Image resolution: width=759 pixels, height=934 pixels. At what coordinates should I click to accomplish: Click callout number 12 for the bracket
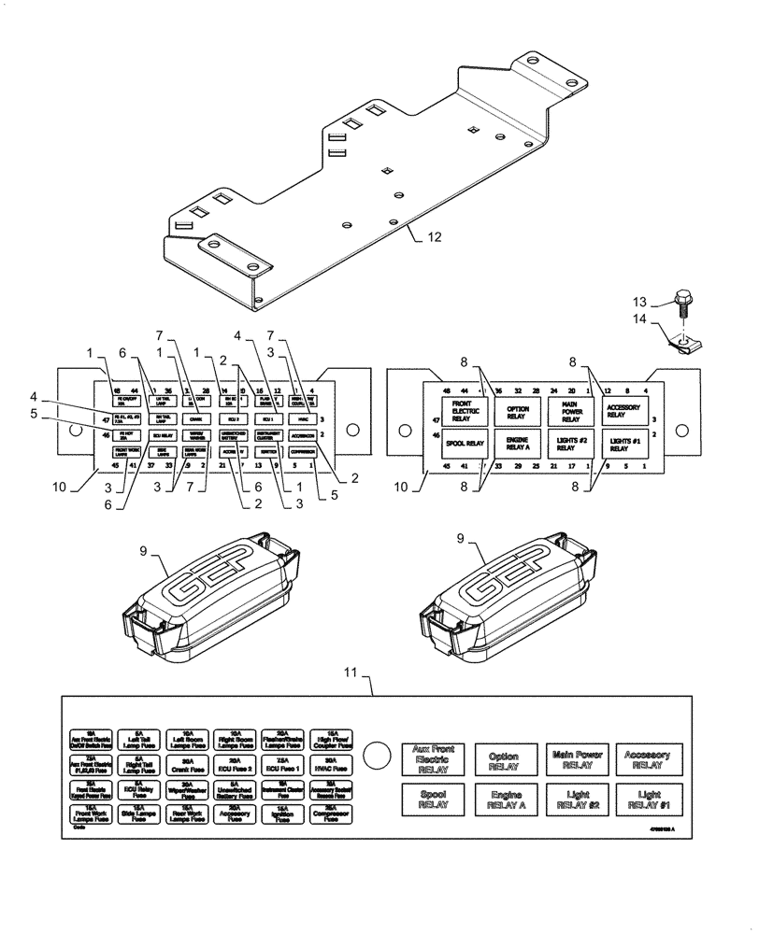coord(433,237)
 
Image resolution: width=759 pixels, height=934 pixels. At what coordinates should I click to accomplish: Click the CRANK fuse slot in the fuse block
coord(197,419)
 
